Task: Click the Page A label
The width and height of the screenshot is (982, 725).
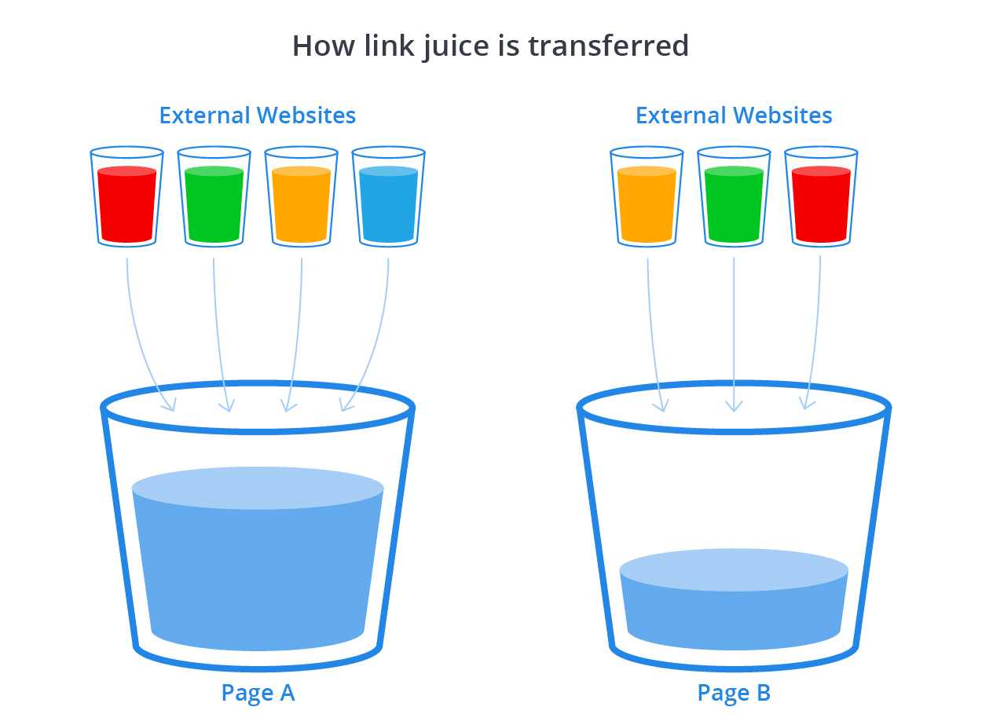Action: (x=258, y=693)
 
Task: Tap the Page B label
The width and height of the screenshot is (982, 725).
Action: (x=734, y=693)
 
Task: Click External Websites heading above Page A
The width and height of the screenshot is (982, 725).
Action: (x=258, y=115)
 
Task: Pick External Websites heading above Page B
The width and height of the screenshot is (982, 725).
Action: (x=734, y=115)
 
